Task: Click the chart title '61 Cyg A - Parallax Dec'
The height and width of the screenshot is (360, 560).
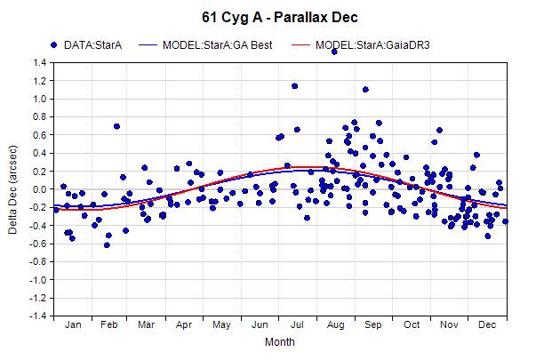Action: pyautogui.click(x=280, y=17)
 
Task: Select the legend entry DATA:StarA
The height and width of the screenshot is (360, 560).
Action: pyautogui.click(x=86, y=45)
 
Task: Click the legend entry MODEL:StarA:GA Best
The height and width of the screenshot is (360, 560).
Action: pyautogui.click(x=205, y=45)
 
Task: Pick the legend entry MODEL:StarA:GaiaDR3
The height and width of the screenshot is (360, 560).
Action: pyautogui.click(x=361, y=45)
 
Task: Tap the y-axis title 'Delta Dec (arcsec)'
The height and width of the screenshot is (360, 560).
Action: pyautogui.click(x=12, y=189)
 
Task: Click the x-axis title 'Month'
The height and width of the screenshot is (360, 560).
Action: pyautogui.click(x=280, y=342)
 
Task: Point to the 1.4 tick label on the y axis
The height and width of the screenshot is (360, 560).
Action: pyautogui.click(x=40, y=63)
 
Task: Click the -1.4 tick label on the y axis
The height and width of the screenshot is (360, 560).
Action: pyautogui.click(x=38, y=316)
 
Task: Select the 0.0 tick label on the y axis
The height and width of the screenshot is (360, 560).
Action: pyautogui.click(x=40, y=189)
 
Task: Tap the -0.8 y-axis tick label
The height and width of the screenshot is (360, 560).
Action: pyautogui.click(x=38, y=262)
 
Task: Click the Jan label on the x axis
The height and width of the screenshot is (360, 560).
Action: pyautogui.click(x=73, y=324)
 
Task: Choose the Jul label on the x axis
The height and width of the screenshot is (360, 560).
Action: pyautogui.click(x=297, y=324)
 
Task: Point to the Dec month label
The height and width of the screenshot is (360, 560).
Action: pyautogui.click(x=487, y=324)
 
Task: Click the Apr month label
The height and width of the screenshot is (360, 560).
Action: pyautogui.click(x=184, y=324)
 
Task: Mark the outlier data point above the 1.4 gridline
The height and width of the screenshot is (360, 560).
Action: pyautogui.click(x=334, y=52)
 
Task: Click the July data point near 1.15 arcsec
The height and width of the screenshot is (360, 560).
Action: pyautogui.click(x=294, y=86)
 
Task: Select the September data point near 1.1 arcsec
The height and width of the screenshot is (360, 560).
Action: pyautogui.click(x=365, y=90)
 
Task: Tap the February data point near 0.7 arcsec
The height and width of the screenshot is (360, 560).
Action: pyautogui.click(x=116, y=126)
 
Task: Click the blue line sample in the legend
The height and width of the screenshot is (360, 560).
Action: pyautogui.click(x=148, y=45)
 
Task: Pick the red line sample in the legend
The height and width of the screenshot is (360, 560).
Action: pyautogui.click(x=300, y=45)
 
